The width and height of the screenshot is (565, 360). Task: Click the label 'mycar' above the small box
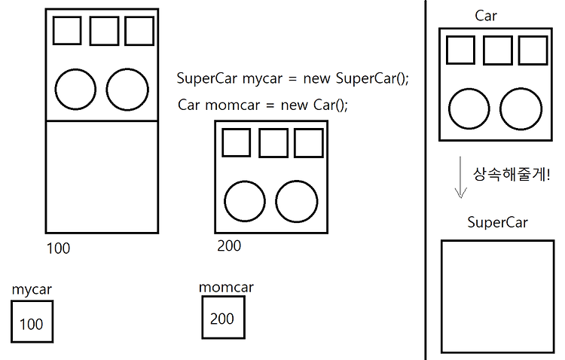click(32, 290)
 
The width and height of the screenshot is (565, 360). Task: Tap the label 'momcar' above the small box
click(226, 288)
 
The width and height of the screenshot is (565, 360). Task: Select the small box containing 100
click(32, 322)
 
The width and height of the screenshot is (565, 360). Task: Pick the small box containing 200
click(224, 317)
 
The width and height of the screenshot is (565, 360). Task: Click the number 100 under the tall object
click(58, 248)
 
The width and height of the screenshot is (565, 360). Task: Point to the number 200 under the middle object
click(229, 246)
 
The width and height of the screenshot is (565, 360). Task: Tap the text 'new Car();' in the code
click(314, 105)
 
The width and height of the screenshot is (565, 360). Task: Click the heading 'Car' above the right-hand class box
click(486, 16)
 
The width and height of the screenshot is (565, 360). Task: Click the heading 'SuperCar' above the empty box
click(498, 222)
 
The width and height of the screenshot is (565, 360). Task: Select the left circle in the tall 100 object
click(75, 89)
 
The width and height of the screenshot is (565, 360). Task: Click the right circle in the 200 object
click(296, 202)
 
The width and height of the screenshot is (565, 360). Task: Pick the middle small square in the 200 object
click(273, 143)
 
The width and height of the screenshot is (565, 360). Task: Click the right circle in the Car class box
click(521, 108)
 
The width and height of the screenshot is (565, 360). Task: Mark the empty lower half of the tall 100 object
click(102, 176)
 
